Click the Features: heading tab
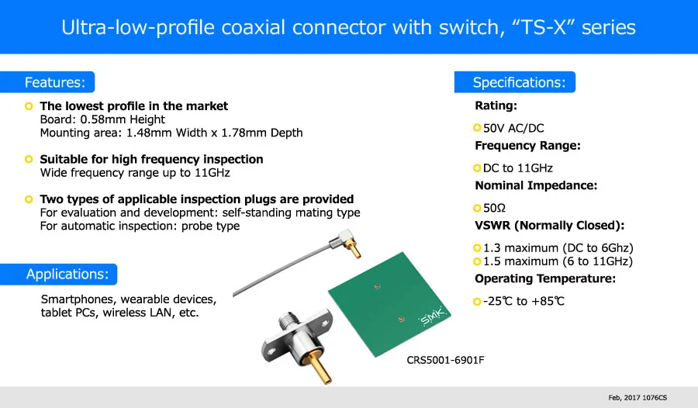[54, 82]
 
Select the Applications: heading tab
[67, 274]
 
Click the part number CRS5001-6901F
[445, 360]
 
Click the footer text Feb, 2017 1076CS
[638, 397]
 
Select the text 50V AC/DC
[518, 127]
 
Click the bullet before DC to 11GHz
[477, 168]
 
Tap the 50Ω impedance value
[494, 208]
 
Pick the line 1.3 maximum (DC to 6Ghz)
[558, 247]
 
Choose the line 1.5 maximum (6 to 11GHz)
[558, 261]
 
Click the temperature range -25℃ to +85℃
[523, 301]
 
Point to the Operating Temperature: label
[545, 278]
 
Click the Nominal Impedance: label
[536, 185]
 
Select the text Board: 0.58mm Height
[102, 119]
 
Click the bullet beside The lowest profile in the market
[29, 105]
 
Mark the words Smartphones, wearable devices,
[129, 299]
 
